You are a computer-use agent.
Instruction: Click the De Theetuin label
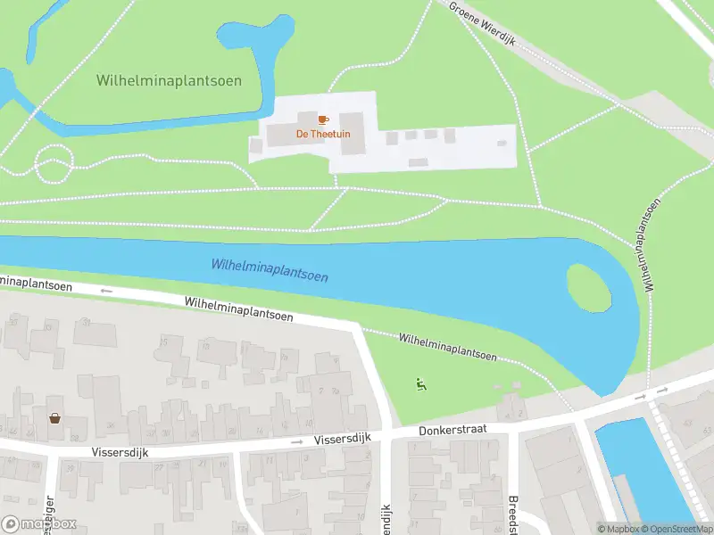pos(323,135)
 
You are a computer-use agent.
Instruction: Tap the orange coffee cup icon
pos(323,119)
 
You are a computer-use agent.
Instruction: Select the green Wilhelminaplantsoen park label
pos(169,81)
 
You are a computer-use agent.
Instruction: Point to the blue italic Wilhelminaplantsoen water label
pos(270,270)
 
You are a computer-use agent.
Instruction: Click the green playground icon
pos(420,384)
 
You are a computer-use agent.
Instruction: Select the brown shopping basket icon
pos(55,417)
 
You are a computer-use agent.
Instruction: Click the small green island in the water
pos(590,288)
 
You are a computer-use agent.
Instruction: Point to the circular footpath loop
pos(53,165)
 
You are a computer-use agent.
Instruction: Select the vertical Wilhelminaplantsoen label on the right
pos(650,244)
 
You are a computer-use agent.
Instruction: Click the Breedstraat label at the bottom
pos(513,512)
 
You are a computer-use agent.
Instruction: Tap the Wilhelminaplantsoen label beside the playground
pos(447,347)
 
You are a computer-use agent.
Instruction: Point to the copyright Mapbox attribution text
pos(617,529)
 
